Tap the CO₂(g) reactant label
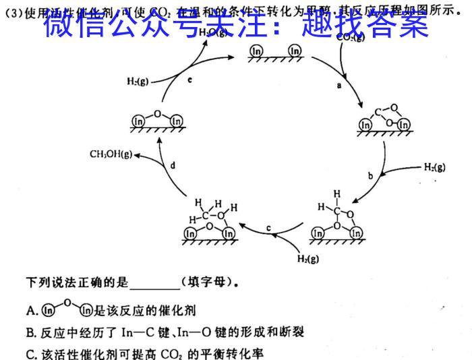(351, 37)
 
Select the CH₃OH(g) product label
(111, 154)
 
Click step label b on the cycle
(370, 176)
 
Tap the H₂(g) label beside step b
(434, 167)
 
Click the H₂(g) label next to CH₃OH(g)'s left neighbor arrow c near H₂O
(138, 81)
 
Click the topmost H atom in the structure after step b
(336, 194)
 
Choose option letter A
(30, 311)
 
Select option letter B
(30, 332)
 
